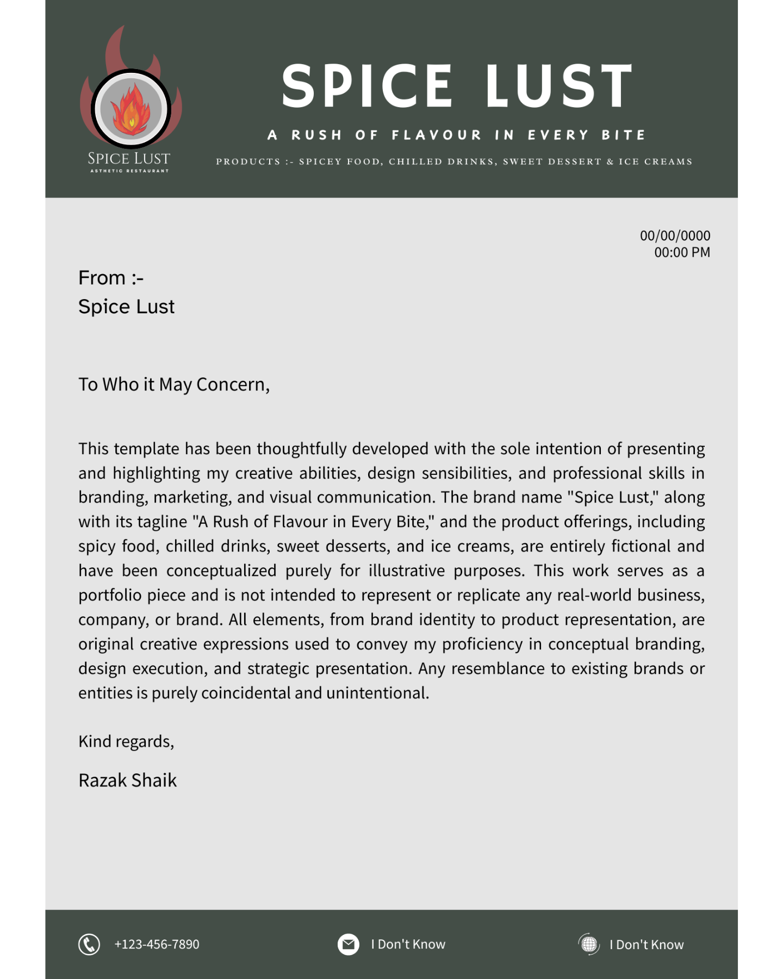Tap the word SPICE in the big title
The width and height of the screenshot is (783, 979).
367,86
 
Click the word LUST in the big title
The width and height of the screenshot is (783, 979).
559,86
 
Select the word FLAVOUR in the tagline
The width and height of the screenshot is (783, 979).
437,135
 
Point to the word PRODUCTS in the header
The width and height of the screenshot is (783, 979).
248,162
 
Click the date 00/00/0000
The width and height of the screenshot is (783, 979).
675,236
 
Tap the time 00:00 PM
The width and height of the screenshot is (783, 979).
682,252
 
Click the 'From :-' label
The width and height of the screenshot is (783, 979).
111,278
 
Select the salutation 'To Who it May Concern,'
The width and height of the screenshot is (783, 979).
174,385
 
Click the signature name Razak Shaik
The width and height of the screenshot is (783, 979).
128,780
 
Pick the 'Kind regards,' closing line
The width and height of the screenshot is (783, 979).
126,741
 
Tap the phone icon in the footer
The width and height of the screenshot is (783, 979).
89,945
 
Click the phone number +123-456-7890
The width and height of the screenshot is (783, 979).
157,944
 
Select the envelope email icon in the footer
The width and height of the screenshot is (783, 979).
349,945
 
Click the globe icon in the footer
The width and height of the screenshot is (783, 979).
589,945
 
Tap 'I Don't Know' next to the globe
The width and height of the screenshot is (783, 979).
647,945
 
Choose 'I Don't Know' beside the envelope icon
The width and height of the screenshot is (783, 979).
408,944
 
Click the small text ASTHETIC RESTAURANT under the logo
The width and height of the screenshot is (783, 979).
129,171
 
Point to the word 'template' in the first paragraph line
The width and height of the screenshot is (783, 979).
146,449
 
